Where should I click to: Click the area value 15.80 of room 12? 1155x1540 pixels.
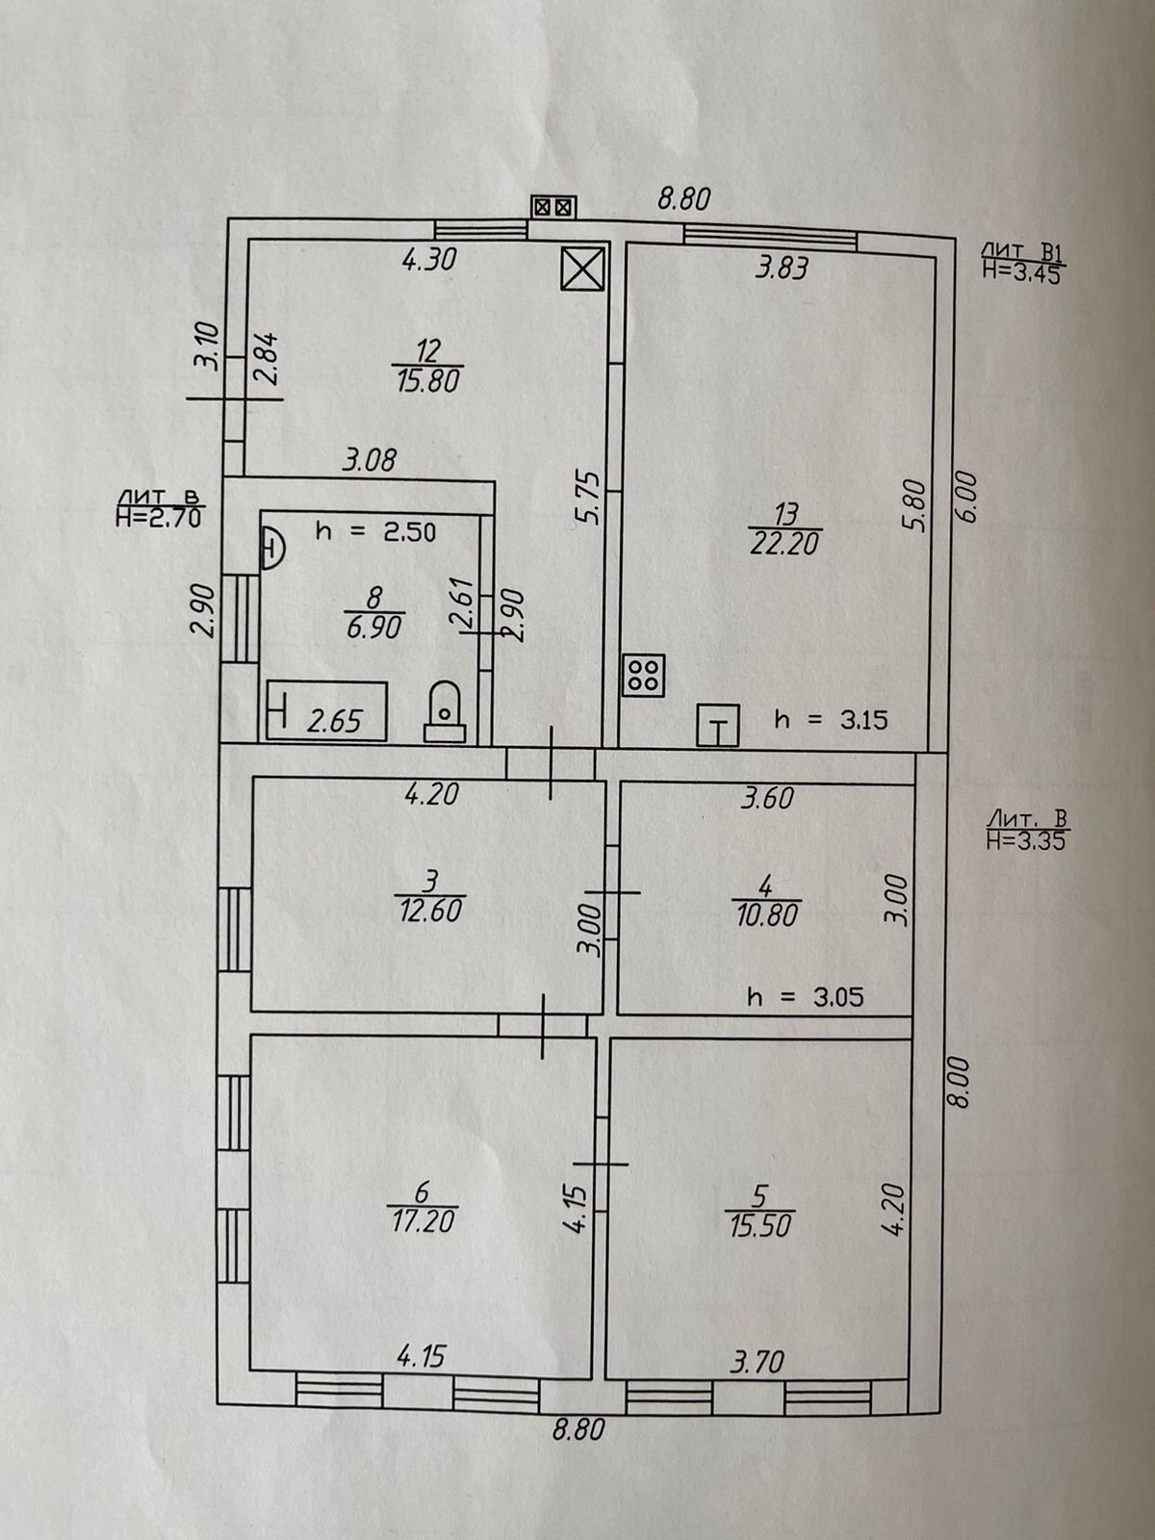click(x=428, y=381)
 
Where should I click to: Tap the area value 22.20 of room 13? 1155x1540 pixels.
click(x=783, y=544)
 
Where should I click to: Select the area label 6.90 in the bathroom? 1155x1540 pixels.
click(x=373, y=628)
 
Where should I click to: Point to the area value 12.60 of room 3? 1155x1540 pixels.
click(x=428, y=910)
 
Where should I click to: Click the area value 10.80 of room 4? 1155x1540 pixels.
click(x=764, y=914)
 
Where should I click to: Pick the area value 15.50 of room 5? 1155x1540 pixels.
click(x=759, y=1226)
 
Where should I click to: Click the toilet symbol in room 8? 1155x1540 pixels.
click(x=444, y=712)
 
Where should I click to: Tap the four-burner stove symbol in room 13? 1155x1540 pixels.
click(x=642, y=675)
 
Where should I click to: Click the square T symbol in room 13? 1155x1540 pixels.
click(x=718, y=727)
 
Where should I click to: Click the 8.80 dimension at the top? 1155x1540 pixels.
click(x=683, y=199)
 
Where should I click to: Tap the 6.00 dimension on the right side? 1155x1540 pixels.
click(x=966, y=497)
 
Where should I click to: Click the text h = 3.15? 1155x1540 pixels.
click(x=830, y=719)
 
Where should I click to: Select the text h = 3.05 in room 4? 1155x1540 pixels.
click(x=805, y=997)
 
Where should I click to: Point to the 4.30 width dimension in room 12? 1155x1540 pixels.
click(x=428, y=260)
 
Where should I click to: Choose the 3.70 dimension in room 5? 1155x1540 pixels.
click(x=757, y=1362)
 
